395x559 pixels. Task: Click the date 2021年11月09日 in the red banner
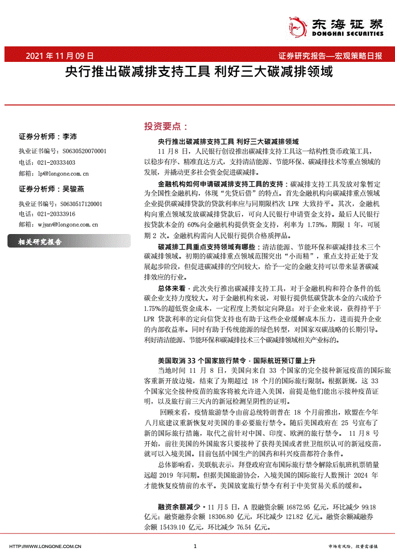pos(59,56)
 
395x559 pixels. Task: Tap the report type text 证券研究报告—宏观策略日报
pos(330,56)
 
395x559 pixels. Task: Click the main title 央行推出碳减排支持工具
pos(137,73)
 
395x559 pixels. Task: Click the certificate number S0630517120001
pos(80,204)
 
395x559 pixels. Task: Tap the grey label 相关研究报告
pos(40,242)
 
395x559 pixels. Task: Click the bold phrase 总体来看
pos(172,288)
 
